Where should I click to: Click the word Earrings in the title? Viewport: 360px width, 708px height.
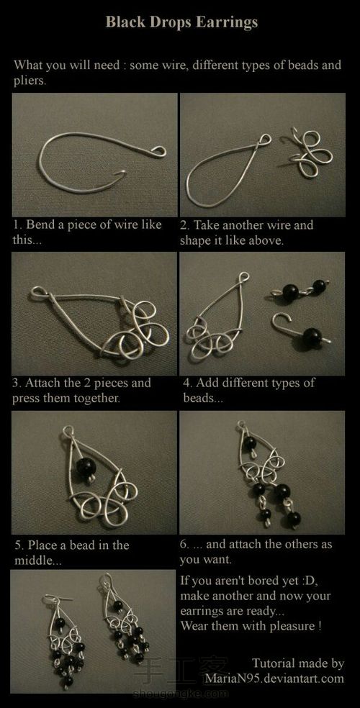(231, 22)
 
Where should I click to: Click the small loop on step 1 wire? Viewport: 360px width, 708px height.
(158, 151)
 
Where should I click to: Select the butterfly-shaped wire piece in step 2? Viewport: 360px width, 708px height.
(310, 153)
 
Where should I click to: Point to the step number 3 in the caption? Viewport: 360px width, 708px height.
(16, 383)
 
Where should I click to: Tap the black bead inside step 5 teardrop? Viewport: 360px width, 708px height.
(86, 466)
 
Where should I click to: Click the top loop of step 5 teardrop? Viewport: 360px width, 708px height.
(68, 432)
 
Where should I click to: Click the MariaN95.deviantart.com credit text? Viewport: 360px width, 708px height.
(274, 678)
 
